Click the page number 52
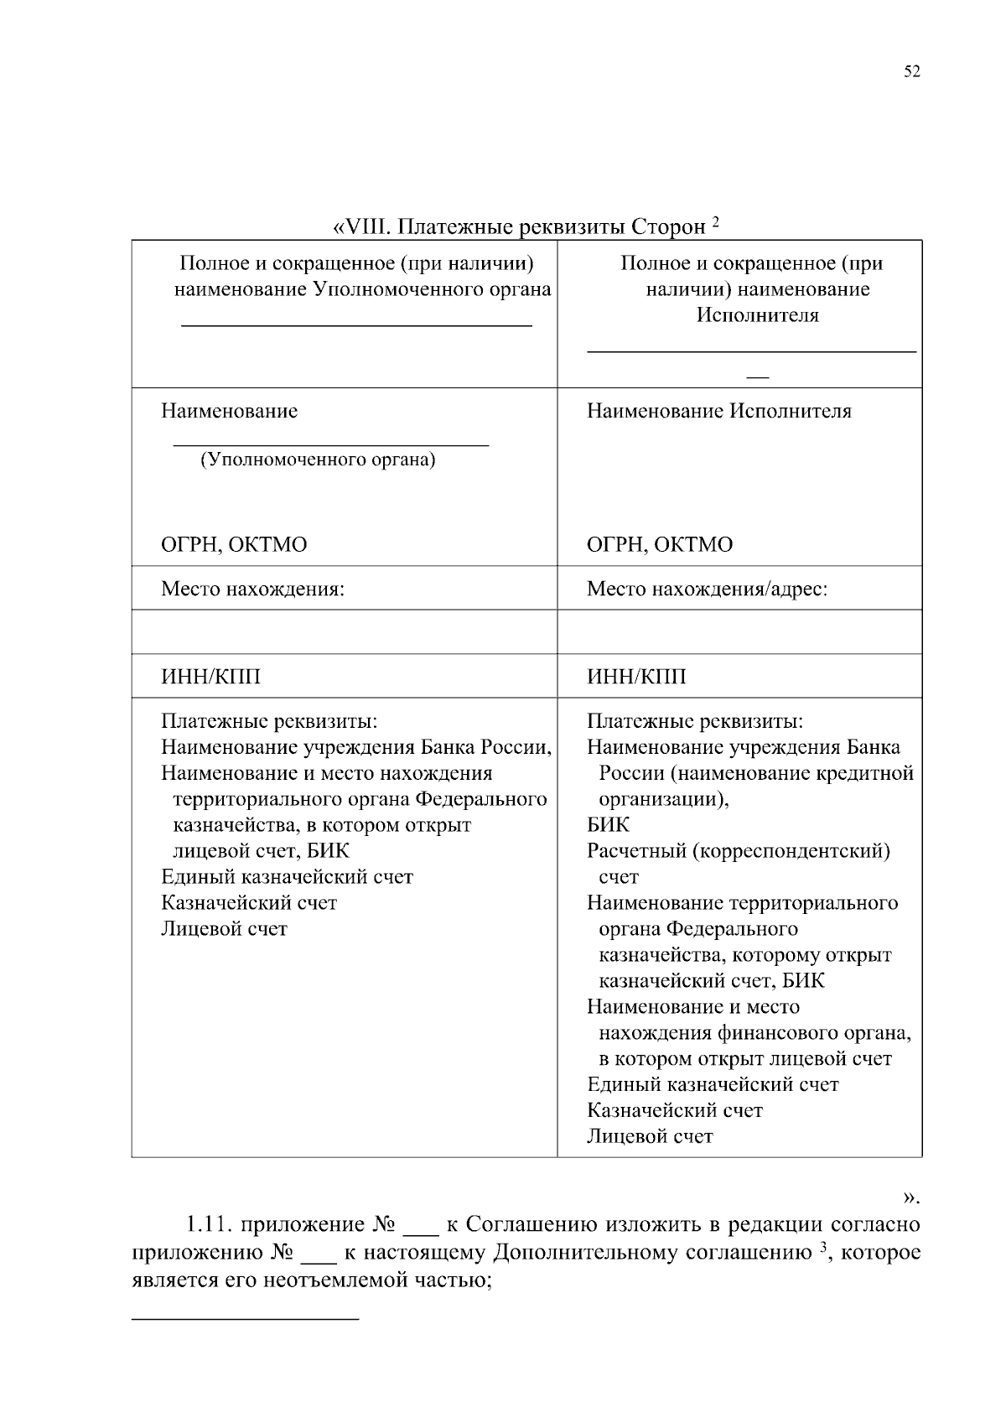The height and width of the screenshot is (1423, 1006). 912,72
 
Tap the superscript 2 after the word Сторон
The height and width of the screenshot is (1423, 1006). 716,222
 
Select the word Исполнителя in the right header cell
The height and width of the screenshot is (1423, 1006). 756,315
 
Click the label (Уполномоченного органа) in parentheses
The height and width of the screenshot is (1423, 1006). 318,460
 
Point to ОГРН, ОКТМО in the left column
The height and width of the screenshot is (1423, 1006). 234,545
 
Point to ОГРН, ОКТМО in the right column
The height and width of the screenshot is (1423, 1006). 660,545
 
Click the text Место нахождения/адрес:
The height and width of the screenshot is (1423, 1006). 707,589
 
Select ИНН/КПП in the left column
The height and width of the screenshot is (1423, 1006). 210,677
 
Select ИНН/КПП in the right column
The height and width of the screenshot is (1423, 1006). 636,677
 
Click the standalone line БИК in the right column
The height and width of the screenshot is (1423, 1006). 608,825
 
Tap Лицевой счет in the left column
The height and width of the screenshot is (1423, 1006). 224,929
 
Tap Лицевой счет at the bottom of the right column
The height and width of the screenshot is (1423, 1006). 650,1137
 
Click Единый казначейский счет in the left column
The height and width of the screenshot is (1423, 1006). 287,877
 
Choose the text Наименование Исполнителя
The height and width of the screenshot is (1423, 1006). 718,412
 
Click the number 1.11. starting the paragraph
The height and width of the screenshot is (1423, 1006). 210,1225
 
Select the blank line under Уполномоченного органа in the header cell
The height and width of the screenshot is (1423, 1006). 357,324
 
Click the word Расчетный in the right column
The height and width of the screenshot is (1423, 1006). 636,851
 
